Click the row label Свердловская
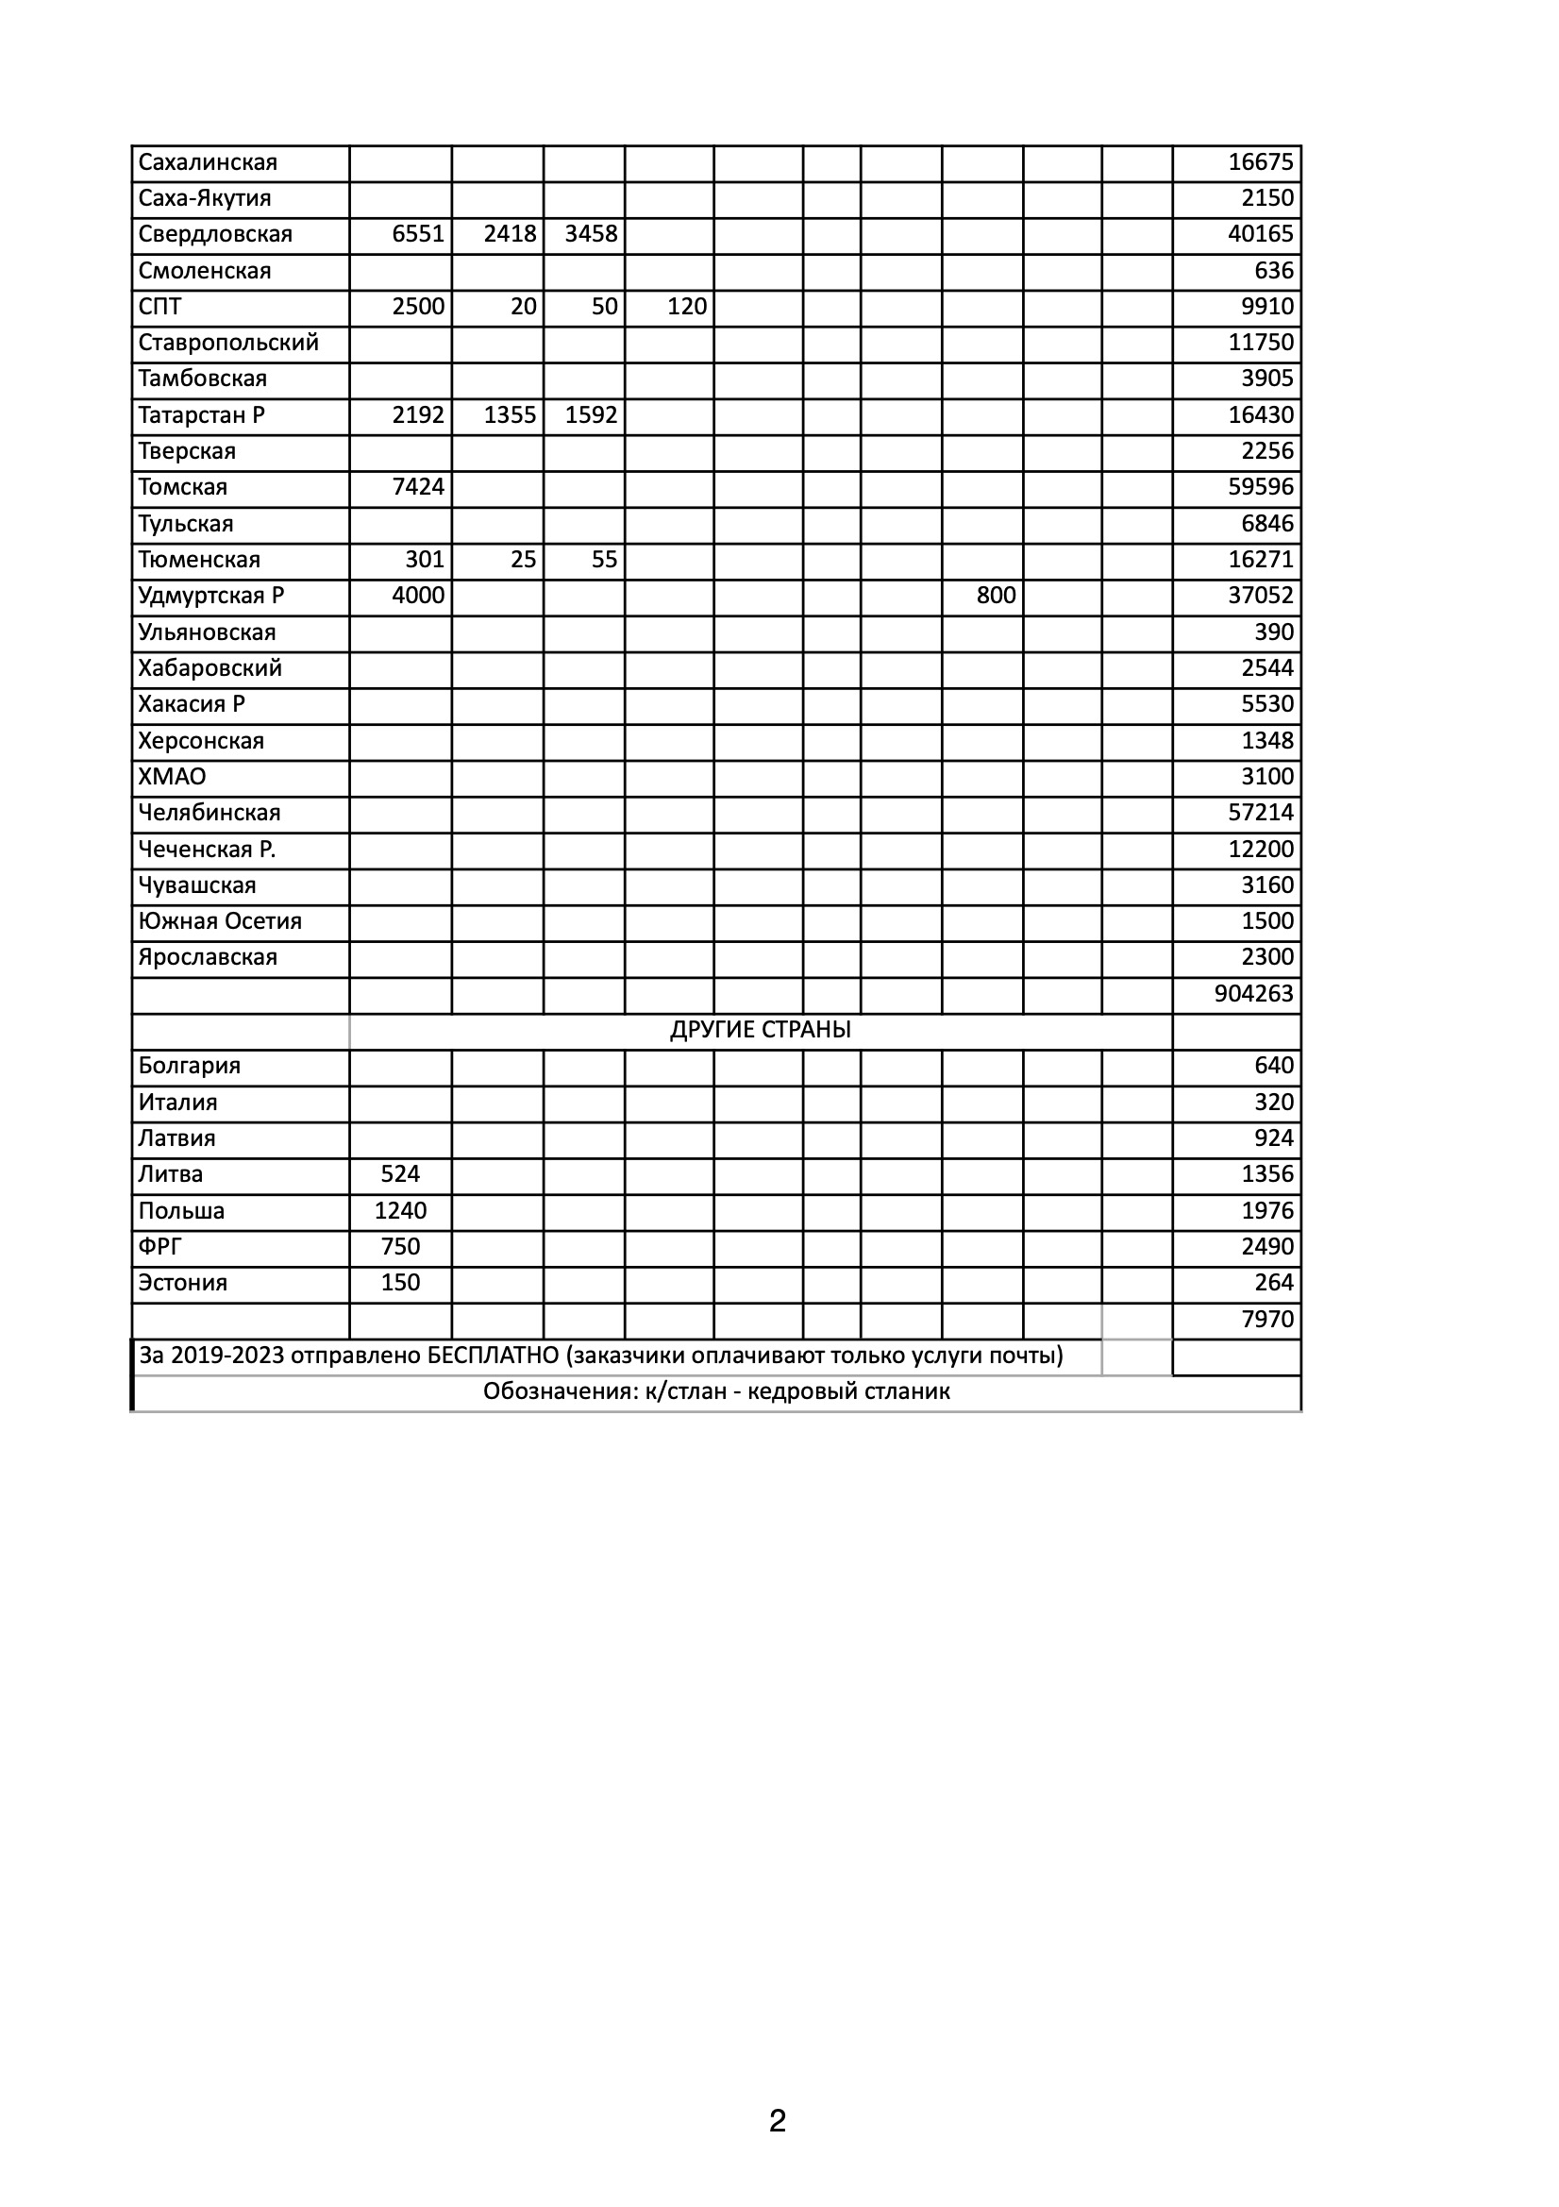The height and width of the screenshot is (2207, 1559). coord(214,234)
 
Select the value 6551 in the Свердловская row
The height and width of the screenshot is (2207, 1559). coord(418,234)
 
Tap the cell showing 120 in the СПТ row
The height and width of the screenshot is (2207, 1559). coord(686,307)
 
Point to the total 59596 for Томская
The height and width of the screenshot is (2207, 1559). coord(1260,487)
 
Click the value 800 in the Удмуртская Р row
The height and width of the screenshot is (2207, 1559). coord(996,596)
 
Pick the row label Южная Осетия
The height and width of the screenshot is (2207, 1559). coord(219,922)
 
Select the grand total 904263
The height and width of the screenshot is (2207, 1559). coord(1253,994)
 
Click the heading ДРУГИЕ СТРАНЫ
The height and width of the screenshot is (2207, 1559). coord(761,1031)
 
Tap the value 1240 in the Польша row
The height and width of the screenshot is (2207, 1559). coord(400,1211)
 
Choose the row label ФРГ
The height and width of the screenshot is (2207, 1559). coord(159,1247)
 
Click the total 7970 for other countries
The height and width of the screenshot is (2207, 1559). coord(1266,1320)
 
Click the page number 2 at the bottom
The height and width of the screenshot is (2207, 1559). coord(778,2120)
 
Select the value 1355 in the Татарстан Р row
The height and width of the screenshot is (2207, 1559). coord(510,415)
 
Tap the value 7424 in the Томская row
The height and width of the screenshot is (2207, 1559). coord(418,487)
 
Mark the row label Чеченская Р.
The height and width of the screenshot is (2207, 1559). coord(207,850)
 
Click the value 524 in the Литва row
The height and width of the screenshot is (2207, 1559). coord(400,1174)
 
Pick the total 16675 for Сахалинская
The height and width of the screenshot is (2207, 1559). coord(1260,162)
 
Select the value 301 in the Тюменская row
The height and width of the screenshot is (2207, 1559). coord(424,560)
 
